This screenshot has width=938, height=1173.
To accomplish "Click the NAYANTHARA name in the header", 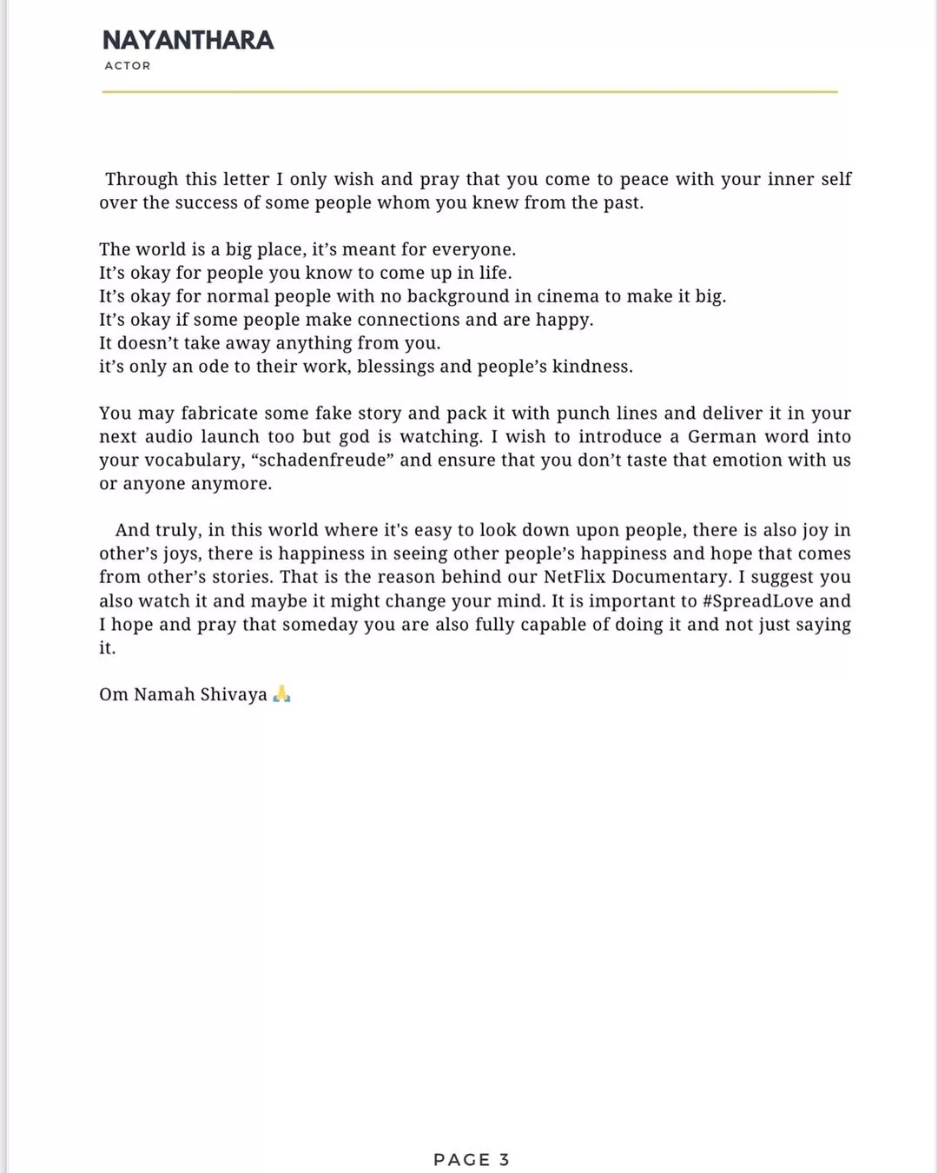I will click(188, 40).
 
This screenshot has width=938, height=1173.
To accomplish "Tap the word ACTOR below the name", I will click(128, 66).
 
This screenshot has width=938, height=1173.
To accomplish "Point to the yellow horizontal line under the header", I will click(469, 91).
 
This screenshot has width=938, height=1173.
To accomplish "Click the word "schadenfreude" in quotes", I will click(322, 461).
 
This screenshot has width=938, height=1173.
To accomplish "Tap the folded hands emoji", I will click(281, 694).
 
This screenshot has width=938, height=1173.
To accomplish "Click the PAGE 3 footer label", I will click(471, 1159).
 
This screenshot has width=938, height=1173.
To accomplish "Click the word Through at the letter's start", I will click(142, 180).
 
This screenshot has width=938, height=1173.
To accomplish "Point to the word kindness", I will click(592, 367).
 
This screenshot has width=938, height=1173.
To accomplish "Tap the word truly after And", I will click(176, 531).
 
